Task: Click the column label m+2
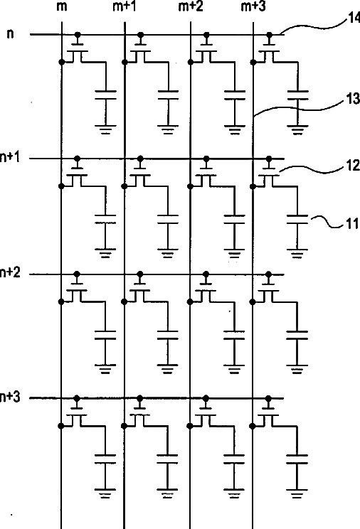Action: click(x=191, y=6)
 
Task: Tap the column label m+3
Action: click(x=253, y=6)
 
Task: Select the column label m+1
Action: click(x=125, y=6)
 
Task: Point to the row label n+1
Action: click(x=10, y=157)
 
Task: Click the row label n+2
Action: click(x=10, y=272)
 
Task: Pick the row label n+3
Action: click(x=10, y=397)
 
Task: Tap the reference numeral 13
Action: click(x=353, y=100)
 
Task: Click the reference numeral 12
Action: click(x=353, y=166)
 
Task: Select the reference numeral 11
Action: click(x=353, y=224)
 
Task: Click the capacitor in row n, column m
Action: click(x=106, y=95)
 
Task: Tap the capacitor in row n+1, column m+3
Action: click(x=297, y=219)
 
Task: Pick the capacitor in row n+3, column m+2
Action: click(x=234, y=459)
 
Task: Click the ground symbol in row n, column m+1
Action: click(x=168, y=130)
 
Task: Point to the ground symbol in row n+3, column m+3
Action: click(x=297, y=493)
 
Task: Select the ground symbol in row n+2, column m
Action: click(x=105, y=370)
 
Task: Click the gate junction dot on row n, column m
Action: click(x=78, y=34)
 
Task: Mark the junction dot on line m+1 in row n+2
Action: click(x=125, y=301)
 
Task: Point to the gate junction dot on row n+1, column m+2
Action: click(x=206, y=159)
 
